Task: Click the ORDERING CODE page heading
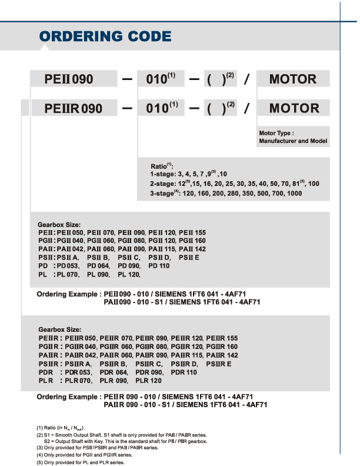point(105,36)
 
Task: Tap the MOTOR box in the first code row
point(293,78)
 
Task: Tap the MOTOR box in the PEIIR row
point(293,108)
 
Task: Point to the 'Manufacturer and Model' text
point(292,142)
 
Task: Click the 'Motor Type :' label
point(276,134)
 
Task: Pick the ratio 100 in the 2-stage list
point(314,184)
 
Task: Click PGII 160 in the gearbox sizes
point(192,241)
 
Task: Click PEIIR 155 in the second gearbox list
point(224,338)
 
